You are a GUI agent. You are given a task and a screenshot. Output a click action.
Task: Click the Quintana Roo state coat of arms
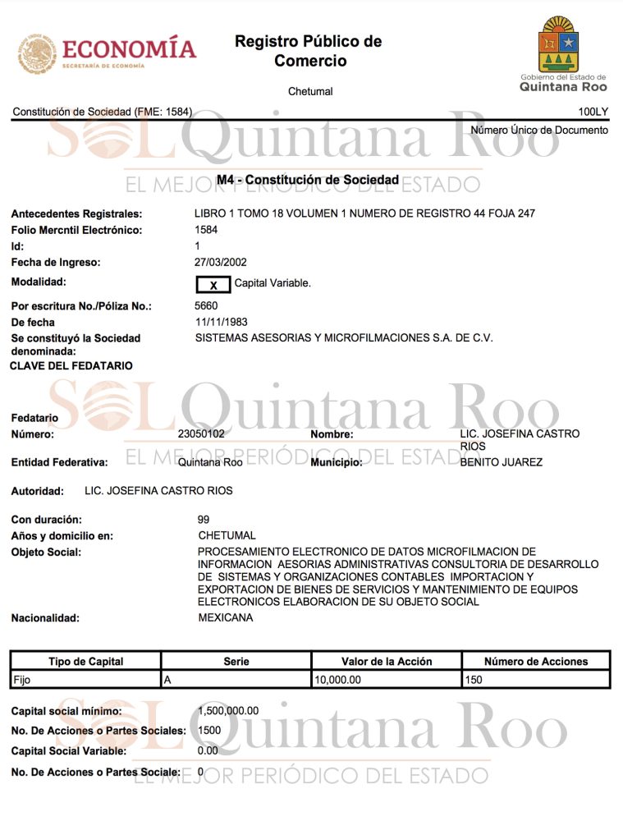point(558,45)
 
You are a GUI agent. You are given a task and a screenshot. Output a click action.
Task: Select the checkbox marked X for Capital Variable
point(213,285)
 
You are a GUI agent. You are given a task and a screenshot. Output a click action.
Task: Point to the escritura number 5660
point(207,306)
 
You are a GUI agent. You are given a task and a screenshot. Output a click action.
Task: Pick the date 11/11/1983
point(221,323)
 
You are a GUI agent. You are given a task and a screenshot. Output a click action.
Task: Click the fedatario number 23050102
point(201,433)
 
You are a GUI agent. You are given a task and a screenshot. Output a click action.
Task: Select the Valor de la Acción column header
point(387,661)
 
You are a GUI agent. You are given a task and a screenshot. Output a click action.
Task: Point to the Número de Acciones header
point(536,661)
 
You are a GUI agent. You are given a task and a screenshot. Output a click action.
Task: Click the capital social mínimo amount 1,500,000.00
point(228,711)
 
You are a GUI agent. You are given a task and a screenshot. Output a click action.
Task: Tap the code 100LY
point(593,111)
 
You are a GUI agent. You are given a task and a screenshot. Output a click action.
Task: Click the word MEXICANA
point(226,618)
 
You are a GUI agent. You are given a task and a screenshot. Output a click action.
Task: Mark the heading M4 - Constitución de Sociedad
point(308,180)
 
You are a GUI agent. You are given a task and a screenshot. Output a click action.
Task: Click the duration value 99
point(204,520)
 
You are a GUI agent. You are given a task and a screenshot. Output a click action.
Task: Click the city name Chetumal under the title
point(310,91)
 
